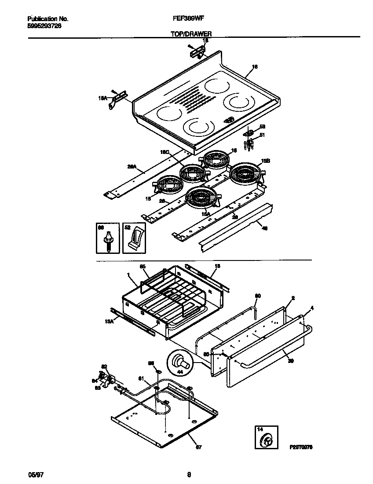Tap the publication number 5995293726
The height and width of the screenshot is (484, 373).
tap(44, 26)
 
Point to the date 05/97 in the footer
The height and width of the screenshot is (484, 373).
tap(33, 474)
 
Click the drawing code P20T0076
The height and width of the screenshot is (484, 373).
tap(301, 447)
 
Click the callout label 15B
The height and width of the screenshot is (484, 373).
tap(266, 161)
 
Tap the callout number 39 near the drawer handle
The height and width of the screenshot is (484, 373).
tap(290, 361)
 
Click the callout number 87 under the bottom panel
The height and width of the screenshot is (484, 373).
tap(198, 448)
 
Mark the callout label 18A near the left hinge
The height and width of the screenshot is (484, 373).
tap(102, 99)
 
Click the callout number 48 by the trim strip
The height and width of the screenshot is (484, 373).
tap(264, 228)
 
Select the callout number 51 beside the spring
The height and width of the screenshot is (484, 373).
tap(262, 135)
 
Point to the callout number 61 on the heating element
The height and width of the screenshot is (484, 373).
tap(141, 378)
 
